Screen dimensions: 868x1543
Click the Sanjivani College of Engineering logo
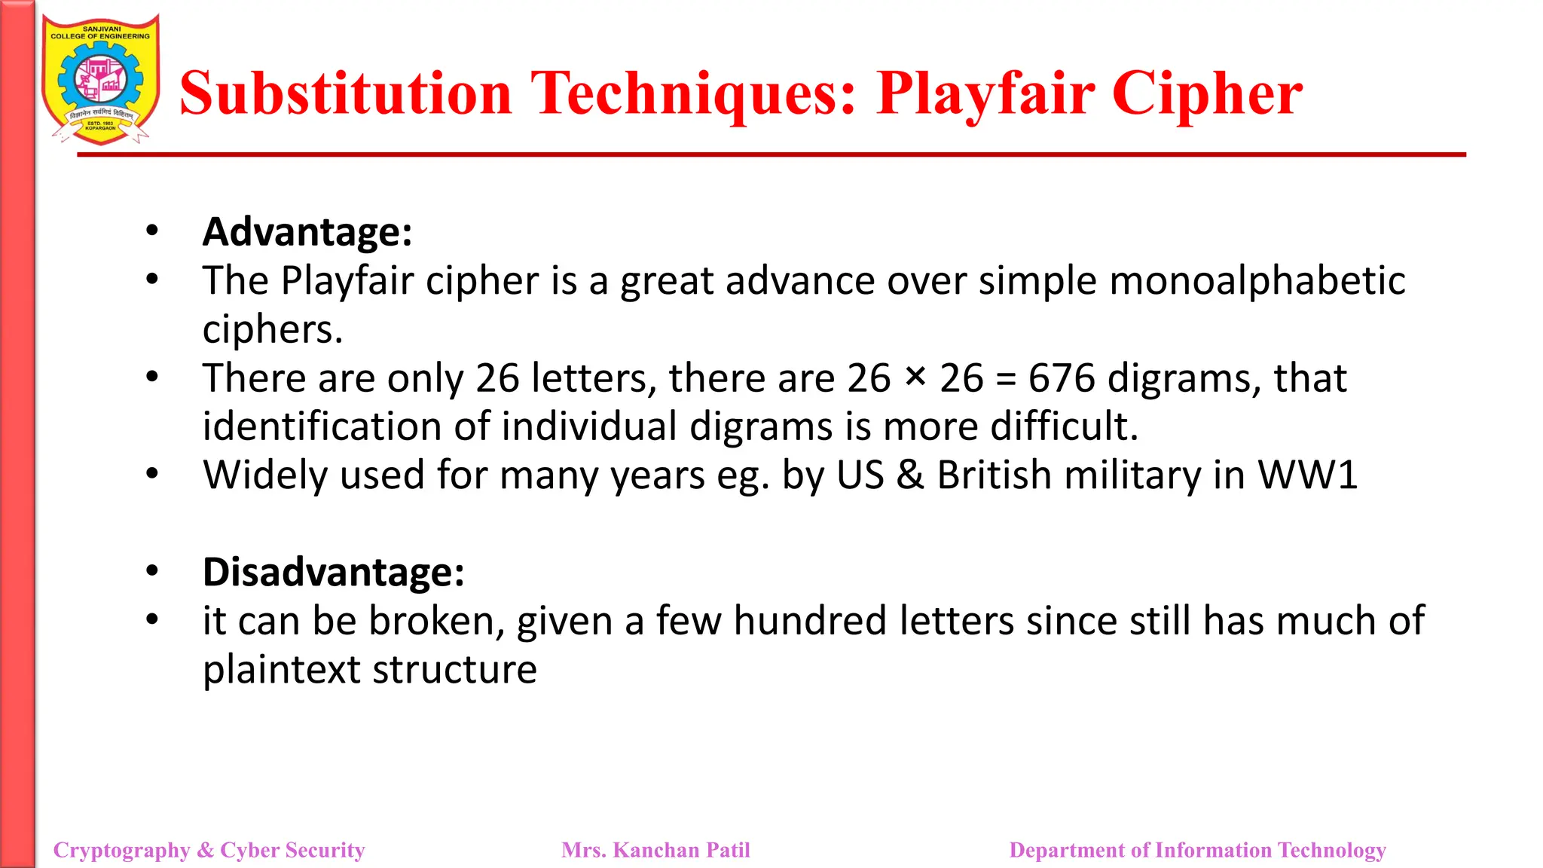point(100,80)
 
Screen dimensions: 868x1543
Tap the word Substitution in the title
point(346,94)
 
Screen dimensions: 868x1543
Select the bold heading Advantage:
point(307,231)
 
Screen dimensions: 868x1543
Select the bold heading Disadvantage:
point(333,572)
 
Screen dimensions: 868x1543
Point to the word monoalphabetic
point(1257,281)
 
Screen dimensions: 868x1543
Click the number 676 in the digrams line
point(1062,378)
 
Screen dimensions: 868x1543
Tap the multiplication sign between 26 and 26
point(915,376)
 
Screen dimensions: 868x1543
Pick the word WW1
point(1307,475)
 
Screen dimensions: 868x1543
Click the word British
point(994,475)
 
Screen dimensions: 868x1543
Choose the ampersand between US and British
point(910,475)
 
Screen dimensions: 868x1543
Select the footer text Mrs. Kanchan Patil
point(655,850)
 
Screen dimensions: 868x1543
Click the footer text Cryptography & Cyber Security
point(209,850)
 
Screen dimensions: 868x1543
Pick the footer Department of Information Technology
point(1197,850)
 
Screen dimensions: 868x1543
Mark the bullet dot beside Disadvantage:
point(152,571)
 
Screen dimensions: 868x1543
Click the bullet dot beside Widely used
point(152,474)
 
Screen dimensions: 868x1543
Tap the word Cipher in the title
point(1207,94)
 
